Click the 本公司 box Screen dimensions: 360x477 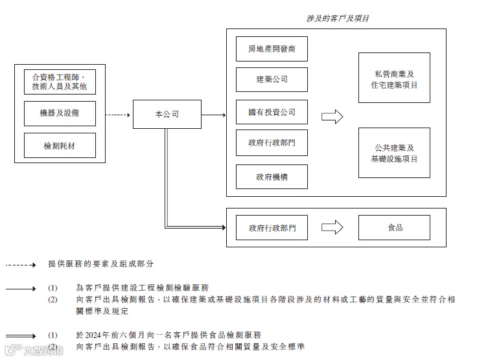click(167, 115)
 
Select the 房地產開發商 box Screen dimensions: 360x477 click(272, 49)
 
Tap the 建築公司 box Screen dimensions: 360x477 click(272, 80)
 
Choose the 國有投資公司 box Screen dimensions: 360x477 click(272, 113)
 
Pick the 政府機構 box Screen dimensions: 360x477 click(272, 176)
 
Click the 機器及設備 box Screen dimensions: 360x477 click(60, 114)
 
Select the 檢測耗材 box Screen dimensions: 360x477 click(60, 146)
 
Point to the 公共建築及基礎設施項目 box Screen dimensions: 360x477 click(394, 153)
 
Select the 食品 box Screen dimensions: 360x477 click(394, 227)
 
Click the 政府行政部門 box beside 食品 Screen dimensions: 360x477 click(272, 228)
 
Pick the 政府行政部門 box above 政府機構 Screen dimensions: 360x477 click(272, 143)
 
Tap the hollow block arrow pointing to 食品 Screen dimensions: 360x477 click(332, 227)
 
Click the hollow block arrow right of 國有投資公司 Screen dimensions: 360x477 click(332, 116)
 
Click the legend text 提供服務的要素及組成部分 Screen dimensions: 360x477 click(100, 264)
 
